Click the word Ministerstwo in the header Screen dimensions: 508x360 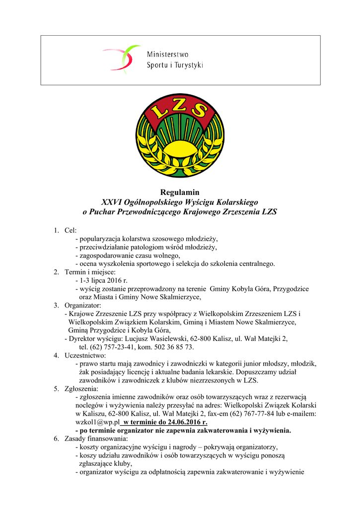coord(167,55)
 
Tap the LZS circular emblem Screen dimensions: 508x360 coord(179,135)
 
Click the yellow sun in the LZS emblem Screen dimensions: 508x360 coord(179,149)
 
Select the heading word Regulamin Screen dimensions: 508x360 coord(180,192)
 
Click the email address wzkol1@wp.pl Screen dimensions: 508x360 coord(98,422)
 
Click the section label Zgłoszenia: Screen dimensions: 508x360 coord(81,388)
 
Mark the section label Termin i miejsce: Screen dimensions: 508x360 coord(90,272)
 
